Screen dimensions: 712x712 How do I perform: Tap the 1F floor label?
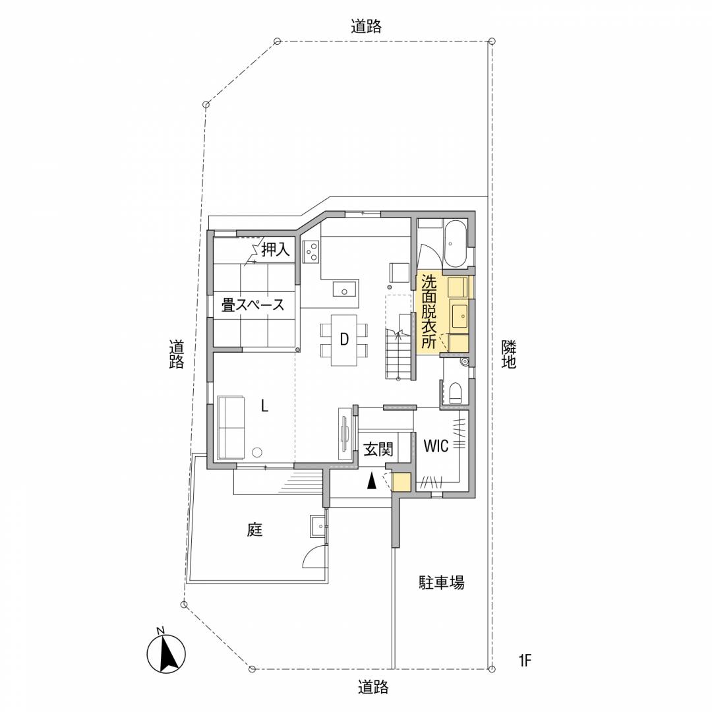coord(525,660)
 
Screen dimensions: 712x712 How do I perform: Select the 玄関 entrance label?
coord(378,450)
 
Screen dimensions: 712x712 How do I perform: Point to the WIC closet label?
coord(436,446)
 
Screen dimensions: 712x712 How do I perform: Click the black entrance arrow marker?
coord(372,481)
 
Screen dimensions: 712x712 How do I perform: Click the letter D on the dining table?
coord(344,339)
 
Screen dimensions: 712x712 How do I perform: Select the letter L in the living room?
coord(265,405)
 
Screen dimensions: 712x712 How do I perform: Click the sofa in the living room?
coord(231,428)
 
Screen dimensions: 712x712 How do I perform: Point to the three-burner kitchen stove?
coord(311,252)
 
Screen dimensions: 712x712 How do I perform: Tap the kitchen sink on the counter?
coord(345,289)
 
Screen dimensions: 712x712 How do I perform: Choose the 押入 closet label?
coord(275,249)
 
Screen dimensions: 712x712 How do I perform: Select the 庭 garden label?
coord(254,529)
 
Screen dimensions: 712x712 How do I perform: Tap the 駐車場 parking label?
coord(441,583)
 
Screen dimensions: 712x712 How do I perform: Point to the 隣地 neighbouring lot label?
coord(508,354)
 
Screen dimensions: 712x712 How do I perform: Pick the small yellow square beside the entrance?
coord(402,482)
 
